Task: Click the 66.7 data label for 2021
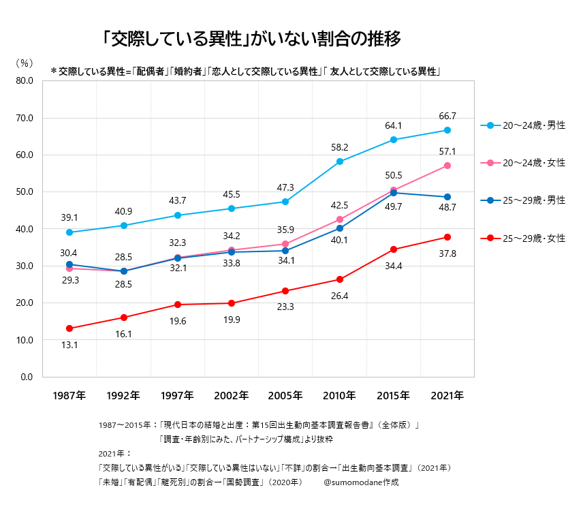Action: tap(447, 116)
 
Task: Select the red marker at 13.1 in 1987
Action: tap(69, 328)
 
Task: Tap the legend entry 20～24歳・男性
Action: tap(533, 126)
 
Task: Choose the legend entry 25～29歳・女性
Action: tap(533, 238)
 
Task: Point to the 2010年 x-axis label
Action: tap(340, 395)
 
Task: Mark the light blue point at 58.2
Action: tap(340, 161)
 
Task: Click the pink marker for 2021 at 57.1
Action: tap(447, 166)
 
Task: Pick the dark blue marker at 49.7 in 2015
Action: tap(394, 193)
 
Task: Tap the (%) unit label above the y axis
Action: tap(24, 63)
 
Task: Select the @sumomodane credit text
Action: tap(361, 482)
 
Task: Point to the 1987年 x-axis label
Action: tap(69, 395)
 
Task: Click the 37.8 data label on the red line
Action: tap(447, 253)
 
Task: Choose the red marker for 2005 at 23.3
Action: tap(285, 291)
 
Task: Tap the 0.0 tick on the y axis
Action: tap(27, 377)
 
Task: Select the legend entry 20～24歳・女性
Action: tap(533, 163)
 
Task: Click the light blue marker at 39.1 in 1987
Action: tap(69, 232)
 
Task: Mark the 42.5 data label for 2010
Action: tap(340, 204)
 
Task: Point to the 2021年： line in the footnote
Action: tap(114, 453)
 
